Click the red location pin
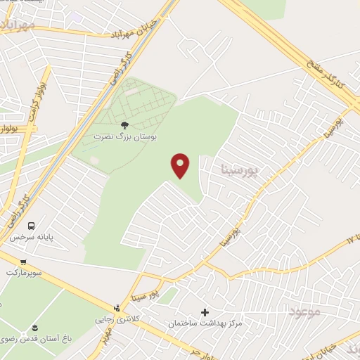(x=181, y=165)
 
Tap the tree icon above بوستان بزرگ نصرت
(x=125, y=124)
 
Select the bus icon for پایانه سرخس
(x=31, y=226)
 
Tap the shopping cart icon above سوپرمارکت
(x=23, y=262)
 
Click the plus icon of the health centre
(x=205, y=312)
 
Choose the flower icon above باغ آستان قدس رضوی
(x=31, y=328)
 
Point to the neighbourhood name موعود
(x=304, y=310)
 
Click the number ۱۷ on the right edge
(x=352, y=240)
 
